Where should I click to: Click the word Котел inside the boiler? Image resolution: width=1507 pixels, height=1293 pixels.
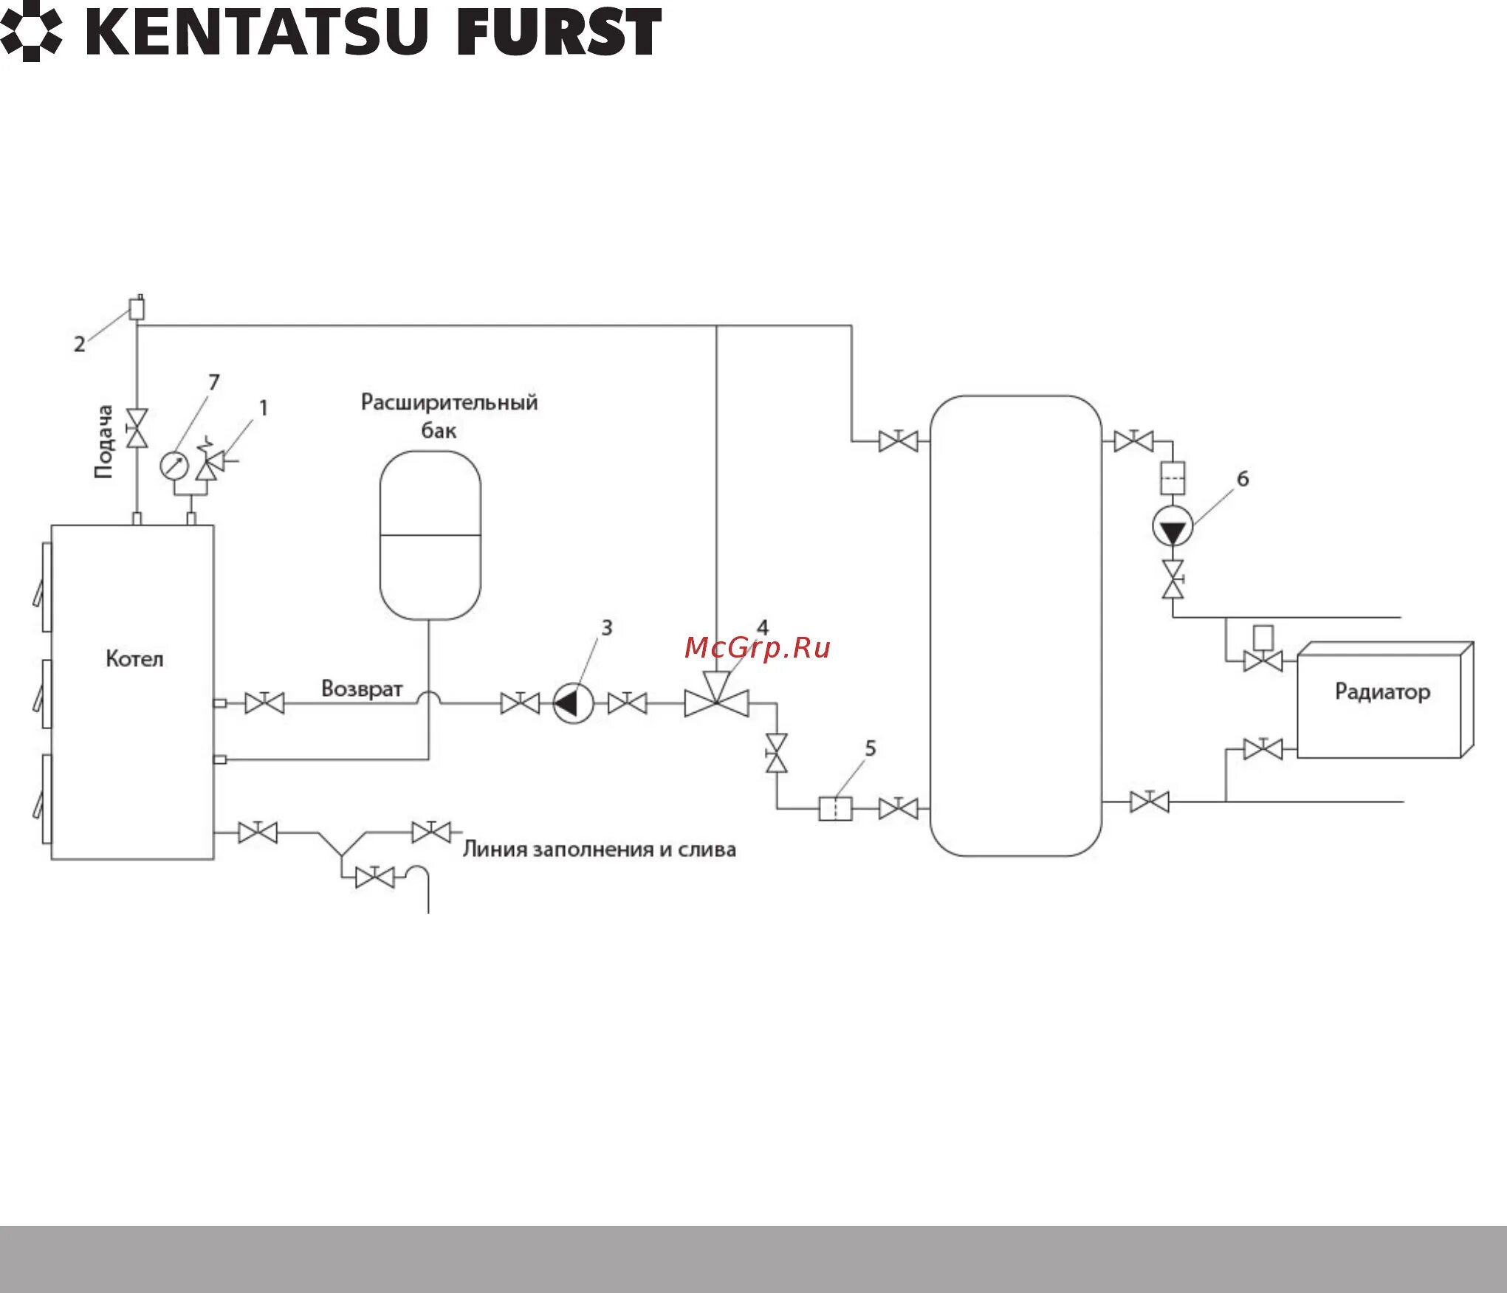pos(134,658)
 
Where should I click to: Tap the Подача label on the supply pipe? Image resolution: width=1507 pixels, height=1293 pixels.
pos(104,441)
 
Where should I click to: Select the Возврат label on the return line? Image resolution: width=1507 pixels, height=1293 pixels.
pos(362,689)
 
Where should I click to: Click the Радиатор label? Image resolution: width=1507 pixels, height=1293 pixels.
pos(1382,692)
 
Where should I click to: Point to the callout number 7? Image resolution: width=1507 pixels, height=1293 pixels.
pos(214,382)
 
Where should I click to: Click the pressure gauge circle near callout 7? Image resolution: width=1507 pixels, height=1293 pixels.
pos(174,466)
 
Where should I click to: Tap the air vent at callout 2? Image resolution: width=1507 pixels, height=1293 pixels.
pos(137,308)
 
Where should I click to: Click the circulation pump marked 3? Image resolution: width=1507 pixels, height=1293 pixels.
pos(573,703)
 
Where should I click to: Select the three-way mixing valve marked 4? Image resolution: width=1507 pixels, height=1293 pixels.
pos(716,700)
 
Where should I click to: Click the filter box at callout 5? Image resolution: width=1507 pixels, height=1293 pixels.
pos(835,809)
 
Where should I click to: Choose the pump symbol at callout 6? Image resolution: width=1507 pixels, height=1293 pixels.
pos(1173,527)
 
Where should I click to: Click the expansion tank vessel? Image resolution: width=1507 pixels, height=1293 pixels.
pos(430,536)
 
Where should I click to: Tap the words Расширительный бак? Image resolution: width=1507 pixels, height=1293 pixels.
pos(448,416)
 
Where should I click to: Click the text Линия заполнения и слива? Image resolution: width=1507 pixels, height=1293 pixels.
pos(599,849)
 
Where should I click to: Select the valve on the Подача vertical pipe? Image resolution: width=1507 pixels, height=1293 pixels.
pos(137,428)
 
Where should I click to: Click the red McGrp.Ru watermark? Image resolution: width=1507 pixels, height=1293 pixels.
pos(757,648)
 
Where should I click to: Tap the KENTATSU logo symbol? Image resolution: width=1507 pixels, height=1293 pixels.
pos(31,32)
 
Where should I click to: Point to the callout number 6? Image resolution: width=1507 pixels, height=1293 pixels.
pos(1243,479)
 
